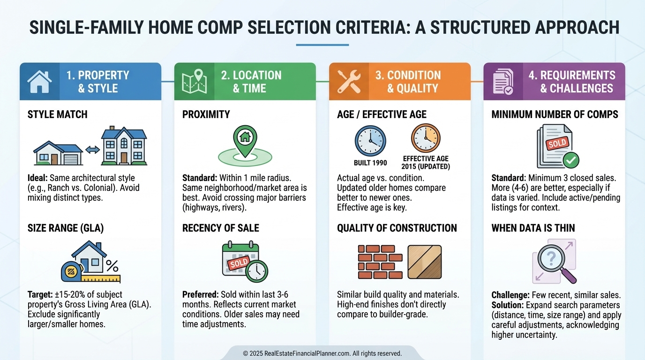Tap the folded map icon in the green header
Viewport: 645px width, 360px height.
tap(195, 82)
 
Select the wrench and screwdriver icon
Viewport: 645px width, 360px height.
tap(349, 82)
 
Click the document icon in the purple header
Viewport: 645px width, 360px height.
tap(503, 82)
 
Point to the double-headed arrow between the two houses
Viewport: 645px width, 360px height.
tap(92, 150)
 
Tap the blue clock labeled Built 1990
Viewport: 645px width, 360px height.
tap(370, 141)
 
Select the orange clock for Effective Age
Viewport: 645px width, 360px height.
tap(426, 138)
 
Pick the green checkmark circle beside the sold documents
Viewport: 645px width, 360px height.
tap(571, 160)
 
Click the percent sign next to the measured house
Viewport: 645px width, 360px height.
tap(112, 266)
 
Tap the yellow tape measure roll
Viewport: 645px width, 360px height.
tap(71, 271)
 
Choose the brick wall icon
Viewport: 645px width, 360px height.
tap(380, 262)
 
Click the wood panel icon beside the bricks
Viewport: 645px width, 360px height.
tap(425, 262)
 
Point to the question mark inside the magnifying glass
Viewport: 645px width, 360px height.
tap(551, 259)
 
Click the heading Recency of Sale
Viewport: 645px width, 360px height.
tap(221, 228)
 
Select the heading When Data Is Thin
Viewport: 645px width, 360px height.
tap(533, 228)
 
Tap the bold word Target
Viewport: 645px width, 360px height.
tap(40, 295)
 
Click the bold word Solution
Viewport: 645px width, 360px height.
tap(508, 305)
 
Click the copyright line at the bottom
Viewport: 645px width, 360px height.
tap(322, 353)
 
